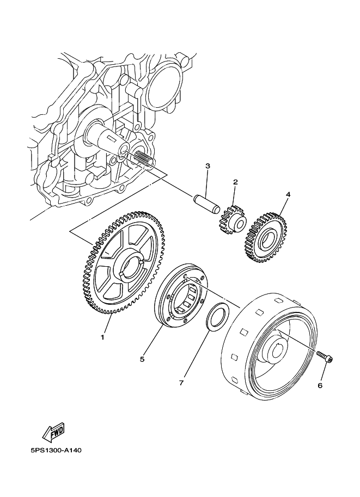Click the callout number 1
102,338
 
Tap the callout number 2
235,182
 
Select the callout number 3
208,166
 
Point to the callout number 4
288,194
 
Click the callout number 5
142,359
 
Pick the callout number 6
320,385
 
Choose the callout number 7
181,383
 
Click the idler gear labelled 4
266,237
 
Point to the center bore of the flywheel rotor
276,348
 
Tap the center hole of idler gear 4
267,238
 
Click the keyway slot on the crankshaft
111,139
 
